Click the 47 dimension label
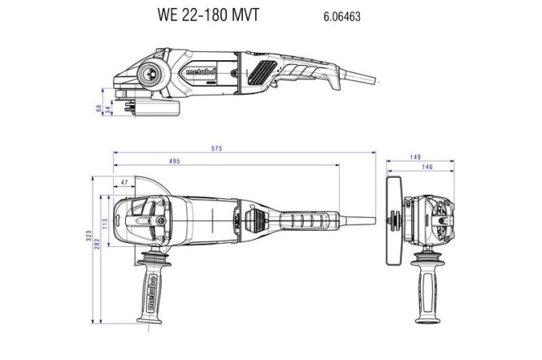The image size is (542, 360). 124,183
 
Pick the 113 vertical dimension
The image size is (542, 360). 104,222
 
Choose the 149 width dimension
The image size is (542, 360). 415,157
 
